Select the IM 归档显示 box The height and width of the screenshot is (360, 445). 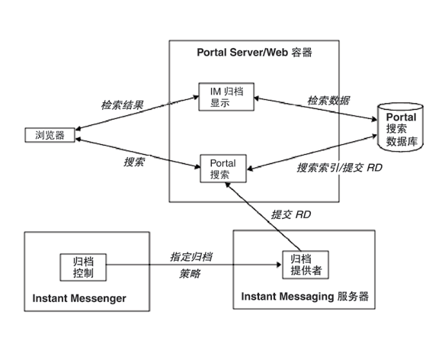220,96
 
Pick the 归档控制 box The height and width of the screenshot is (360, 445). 83,265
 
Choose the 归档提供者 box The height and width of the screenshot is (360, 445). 303,265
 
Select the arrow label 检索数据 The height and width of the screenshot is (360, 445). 328,99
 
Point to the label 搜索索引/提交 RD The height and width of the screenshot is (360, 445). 339,167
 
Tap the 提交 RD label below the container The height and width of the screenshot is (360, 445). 291,215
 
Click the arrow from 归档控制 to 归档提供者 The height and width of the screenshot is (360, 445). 190,265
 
